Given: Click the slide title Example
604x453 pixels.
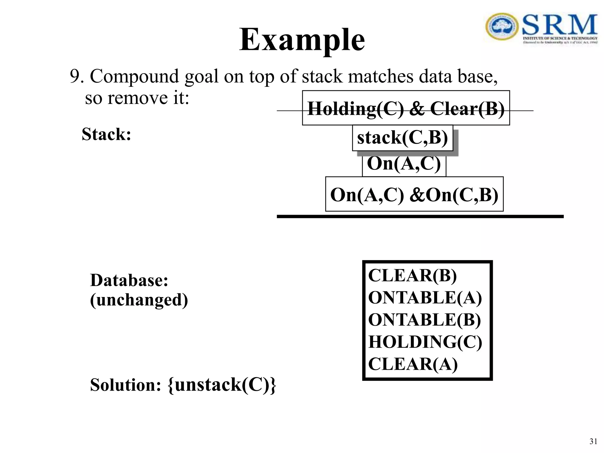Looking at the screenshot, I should (x=302, y=40).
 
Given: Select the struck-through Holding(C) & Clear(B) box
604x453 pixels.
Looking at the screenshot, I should (x=406, y=108).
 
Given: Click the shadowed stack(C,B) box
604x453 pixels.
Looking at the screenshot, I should (x=402, y=138).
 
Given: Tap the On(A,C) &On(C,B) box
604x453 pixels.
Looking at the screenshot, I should (x=414, y=194).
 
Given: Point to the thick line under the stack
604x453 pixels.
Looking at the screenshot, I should (x=420, y=216).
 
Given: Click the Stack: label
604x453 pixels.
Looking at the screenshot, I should (x=106, y=134).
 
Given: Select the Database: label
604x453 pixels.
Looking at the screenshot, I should (x=129, y=280).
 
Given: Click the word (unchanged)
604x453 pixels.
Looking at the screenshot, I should (x=139, y=300).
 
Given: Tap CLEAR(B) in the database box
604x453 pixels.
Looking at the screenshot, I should (x=412, y=276).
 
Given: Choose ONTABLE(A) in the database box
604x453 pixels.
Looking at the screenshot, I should (x=425, y=298).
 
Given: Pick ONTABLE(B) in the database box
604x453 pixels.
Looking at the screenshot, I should (x=424, y=320).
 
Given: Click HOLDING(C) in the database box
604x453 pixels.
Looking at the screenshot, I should (x=425, y=342).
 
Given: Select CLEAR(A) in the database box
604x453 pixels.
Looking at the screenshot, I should (x=413, y=364).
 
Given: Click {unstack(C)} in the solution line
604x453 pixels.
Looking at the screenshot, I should (x=222, y=385).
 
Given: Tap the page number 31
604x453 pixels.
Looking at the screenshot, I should (x=593, y=441).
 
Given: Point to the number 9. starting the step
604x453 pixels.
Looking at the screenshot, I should (x=77, y=76).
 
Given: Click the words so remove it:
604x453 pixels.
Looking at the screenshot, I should (x=137, y=98).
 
